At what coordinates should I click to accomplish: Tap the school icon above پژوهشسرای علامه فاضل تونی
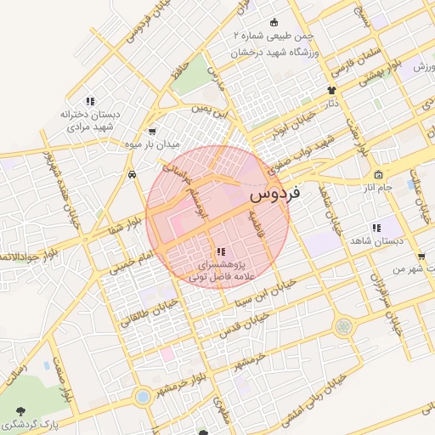pyautogui.click(x=221, y=251)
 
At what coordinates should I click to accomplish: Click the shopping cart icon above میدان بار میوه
pyautogui.click(x=152, y=132)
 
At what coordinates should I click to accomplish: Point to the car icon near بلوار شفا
pyautogui.click(x=133, y=175)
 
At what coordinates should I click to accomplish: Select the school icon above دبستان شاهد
pyautogui.click(x=376, y=228)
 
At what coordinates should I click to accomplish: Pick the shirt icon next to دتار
pyautogui.click(x=331, y=89)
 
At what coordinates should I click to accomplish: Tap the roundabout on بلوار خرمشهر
pyautogui.click(x=143, y=396)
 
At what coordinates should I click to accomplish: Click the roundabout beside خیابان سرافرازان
pyautogui.click(x=343, y=326)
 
